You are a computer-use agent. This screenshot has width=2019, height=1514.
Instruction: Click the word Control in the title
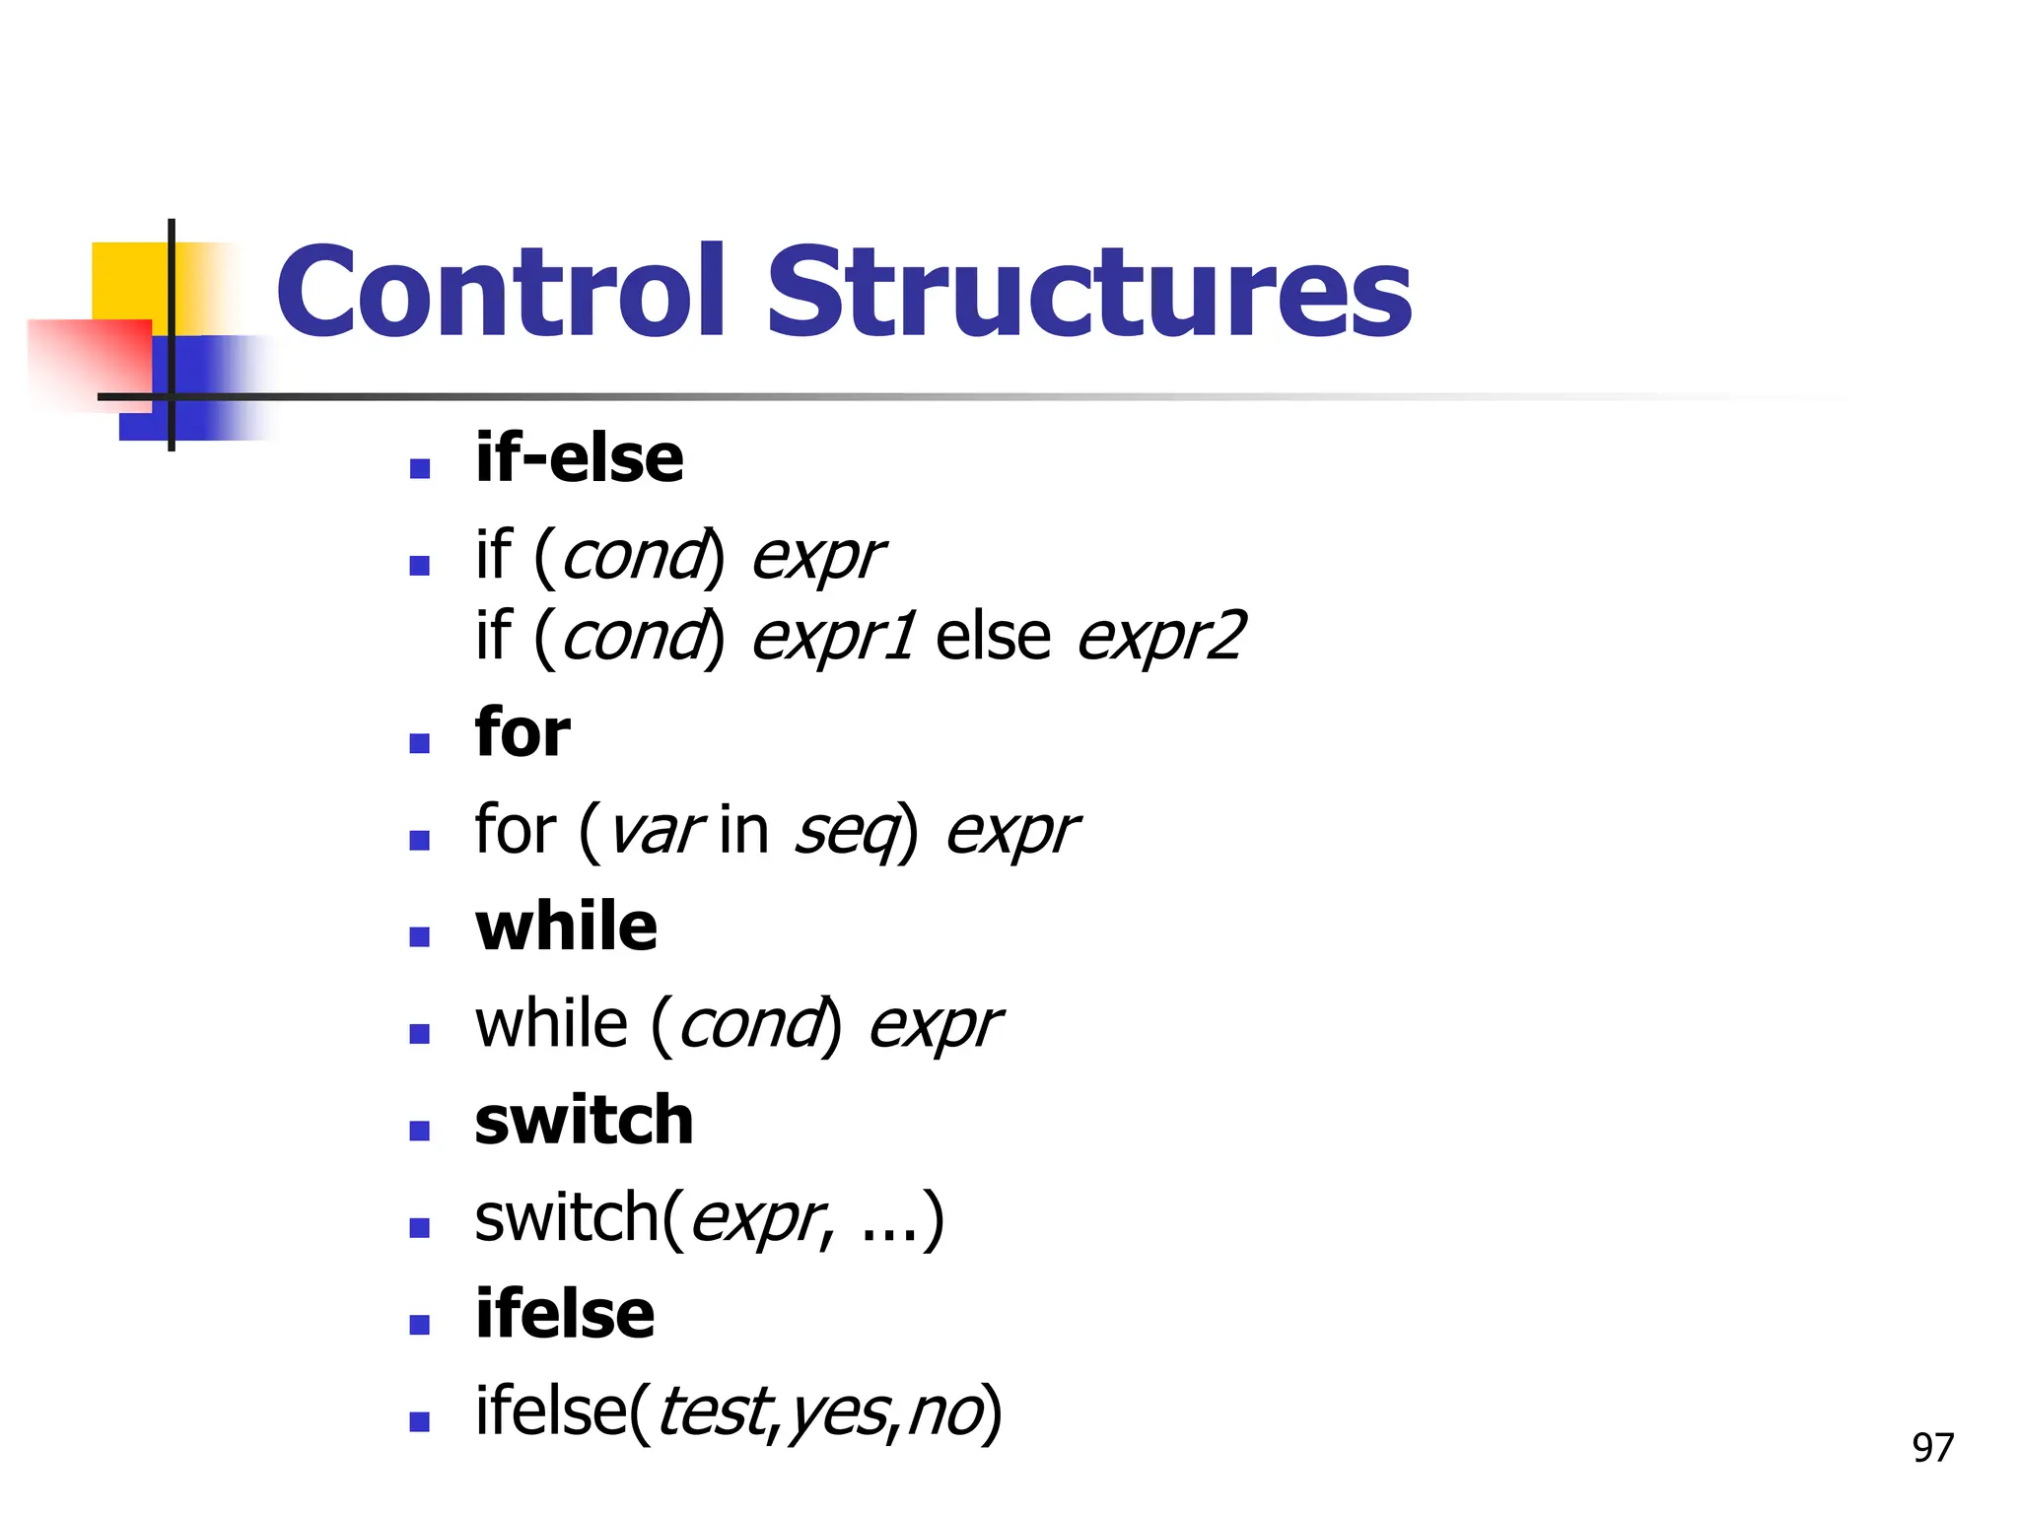click(501, 292)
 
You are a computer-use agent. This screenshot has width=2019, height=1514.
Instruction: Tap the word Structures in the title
click(1089, 292)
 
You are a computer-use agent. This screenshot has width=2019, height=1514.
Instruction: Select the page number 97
click(1932, 1448)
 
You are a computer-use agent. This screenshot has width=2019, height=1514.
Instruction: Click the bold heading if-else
click(579, 458)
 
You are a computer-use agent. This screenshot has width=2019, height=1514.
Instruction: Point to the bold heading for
click(522, 733)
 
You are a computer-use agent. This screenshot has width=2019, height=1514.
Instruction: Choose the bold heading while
click(566, 928)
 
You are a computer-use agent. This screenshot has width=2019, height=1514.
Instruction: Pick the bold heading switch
click(584, 1121)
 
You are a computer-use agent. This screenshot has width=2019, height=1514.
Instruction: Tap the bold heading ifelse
click(564, 1315)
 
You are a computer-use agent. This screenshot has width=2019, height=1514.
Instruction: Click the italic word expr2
click(1161, 638)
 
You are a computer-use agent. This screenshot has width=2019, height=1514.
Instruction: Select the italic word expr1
click(834, 638)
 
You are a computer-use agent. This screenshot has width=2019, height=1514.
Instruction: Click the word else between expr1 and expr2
click(993, 636)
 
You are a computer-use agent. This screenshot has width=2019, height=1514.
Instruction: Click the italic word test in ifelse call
click(712, 1411)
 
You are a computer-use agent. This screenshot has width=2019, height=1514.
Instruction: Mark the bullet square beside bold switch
click(420, 1131)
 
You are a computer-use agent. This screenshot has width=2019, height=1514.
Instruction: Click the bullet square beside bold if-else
click(420, 468)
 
